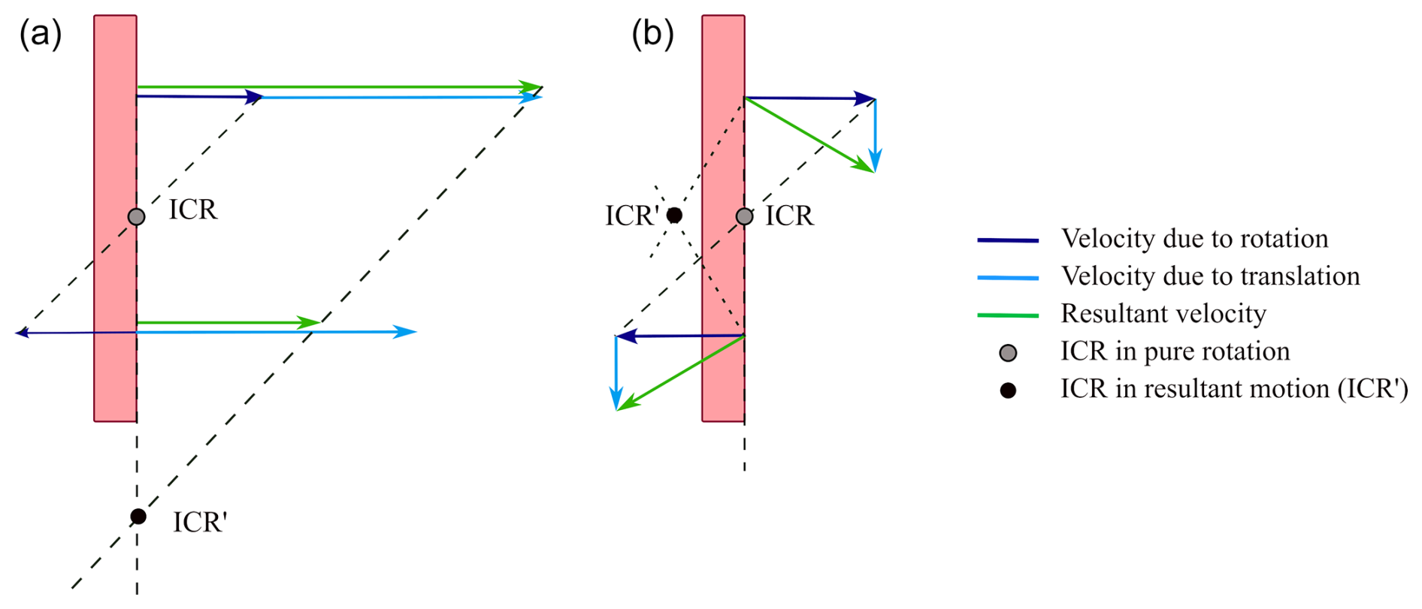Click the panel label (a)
[41, 35]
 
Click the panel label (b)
[652, 35]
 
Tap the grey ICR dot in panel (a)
[136, 217]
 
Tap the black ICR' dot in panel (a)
[138, 517]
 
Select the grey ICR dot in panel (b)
[744, 217]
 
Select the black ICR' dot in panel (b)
[674, 216]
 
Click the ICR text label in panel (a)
[193, 210]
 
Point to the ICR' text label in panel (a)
[200, 523]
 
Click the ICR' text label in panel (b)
[631, 216]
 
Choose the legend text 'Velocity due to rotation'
[1194, 239]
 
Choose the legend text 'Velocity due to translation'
[1210, 276]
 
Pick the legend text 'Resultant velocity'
[1163, 314]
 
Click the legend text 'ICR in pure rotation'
[1175, 351]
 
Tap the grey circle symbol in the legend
[1008, 353]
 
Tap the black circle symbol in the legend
[1008, 390]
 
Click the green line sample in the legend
[1008, 315]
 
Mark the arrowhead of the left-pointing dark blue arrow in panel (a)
[21, 333]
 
